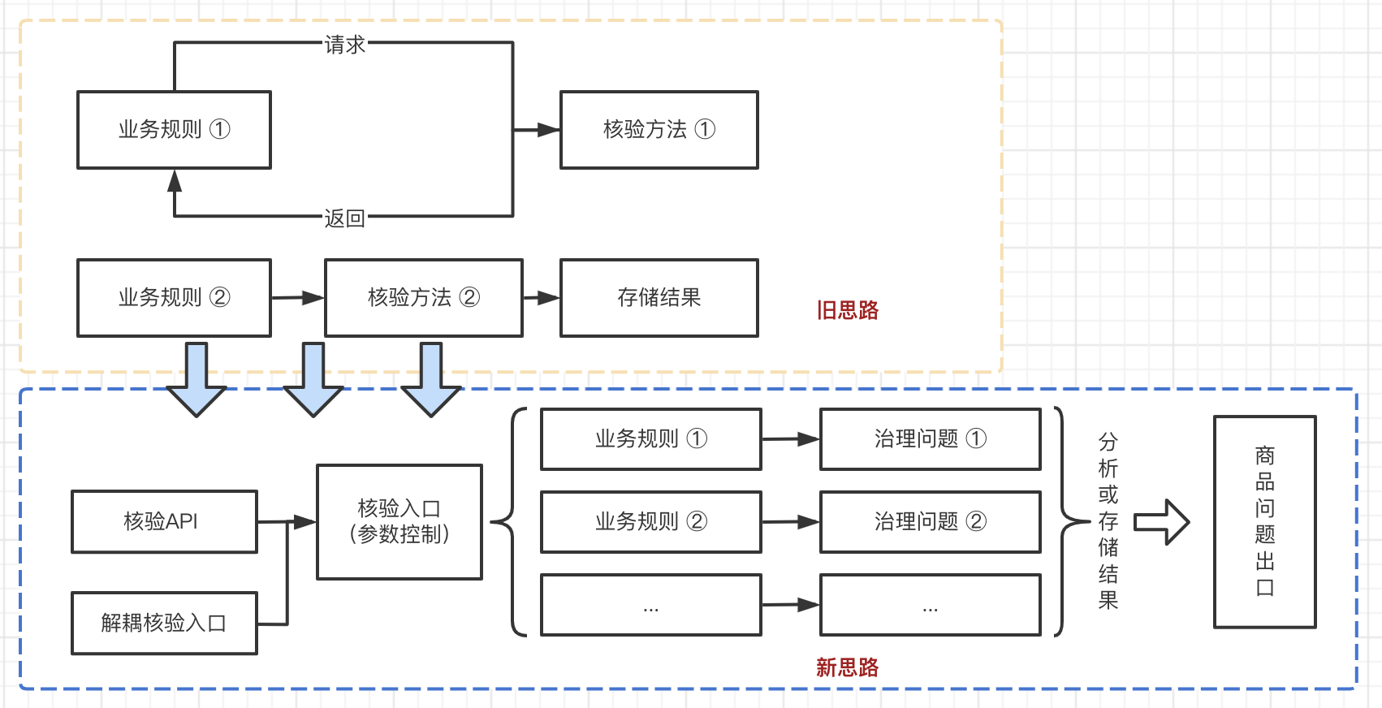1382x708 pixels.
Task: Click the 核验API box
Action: [164, 521]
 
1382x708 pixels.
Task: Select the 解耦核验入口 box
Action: [164, 623]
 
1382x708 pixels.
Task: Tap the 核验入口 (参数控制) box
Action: [399, 521]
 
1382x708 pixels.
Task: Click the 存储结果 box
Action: [659, 297]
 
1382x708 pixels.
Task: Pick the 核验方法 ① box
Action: [659, 129]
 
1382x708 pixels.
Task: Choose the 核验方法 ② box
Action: [423, 297]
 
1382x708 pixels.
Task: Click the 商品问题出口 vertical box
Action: [1264, 521]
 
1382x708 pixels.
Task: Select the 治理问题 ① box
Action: [930, 438]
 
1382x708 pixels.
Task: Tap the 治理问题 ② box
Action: [930, 521]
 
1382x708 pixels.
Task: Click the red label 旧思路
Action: [847, 310]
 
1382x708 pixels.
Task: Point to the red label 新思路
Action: [847, 667]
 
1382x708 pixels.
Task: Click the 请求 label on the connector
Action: [344, 45]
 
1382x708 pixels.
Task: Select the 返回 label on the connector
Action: [344, 218]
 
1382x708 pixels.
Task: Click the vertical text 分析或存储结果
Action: [1108, 521]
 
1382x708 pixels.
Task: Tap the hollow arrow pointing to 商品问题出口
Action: [1161, 521]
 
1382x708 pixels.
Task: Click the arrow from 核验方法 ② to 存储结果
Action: [542, 298]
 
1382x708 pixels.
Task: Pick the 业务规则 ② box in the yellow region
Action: [174, 297]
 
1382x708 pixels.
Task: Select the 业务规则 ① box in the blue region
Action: [650, 438]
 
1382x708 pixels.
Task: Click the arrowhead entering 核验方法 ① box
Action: [548, 129]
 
